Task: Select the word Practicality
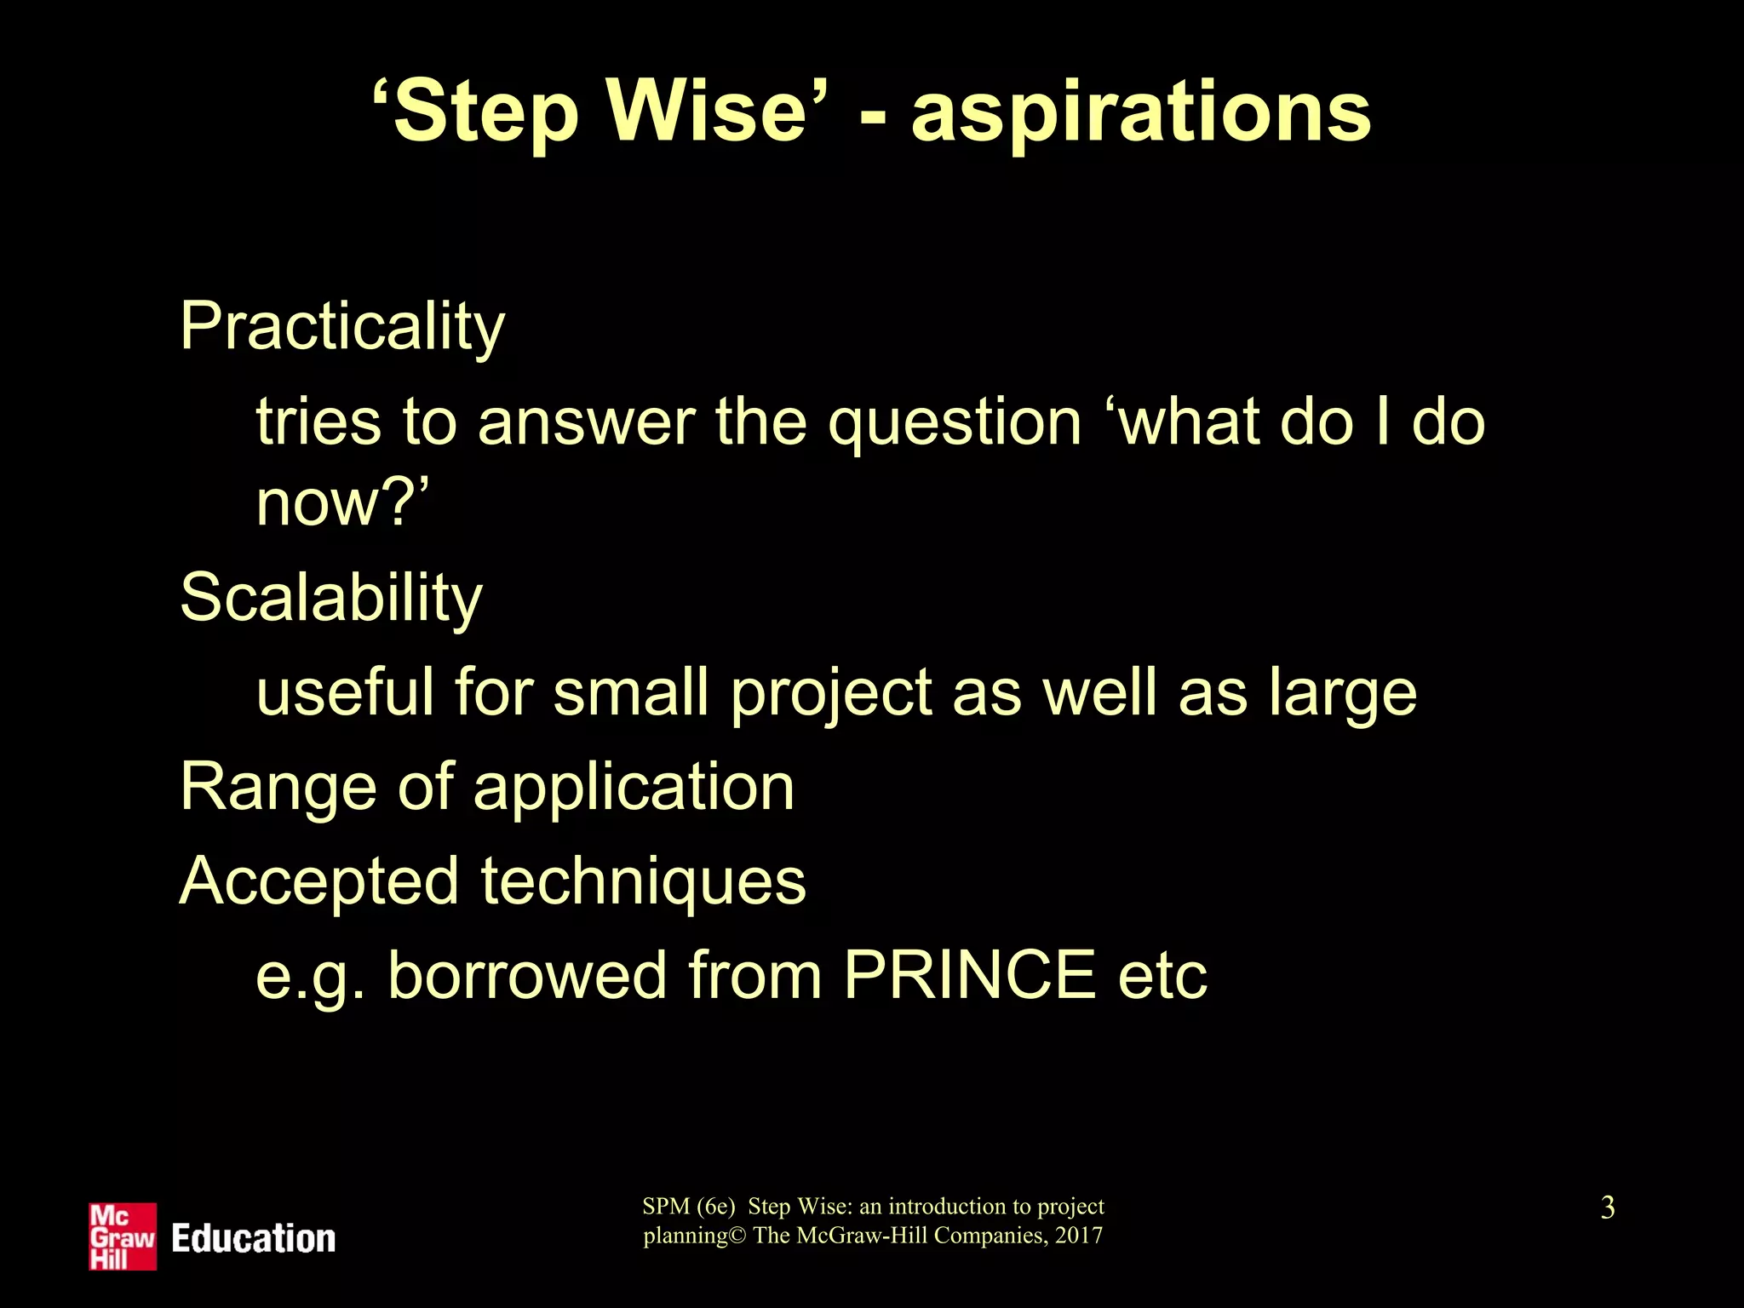[x=342, y=327]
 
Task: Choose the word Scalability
[x=331, y=598]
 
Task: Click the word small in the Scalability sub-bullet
[x=631, y=691]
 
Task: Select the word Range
[x=278, y=787]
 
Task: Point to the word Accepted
[x=319, y=881]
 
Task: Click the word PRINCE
[x=970, y=975]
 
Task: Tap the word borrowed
[x=528, y=975]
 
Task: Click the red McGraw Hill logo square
[x=123, y=1236]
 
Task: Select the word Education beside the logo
[x=254, y=1239]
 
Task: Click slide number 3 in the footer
[x=1607, y=1208]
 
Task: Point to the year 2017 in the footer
[x=1079, y=1236]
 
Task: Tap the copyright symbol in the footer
[x=737, y=1236]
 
